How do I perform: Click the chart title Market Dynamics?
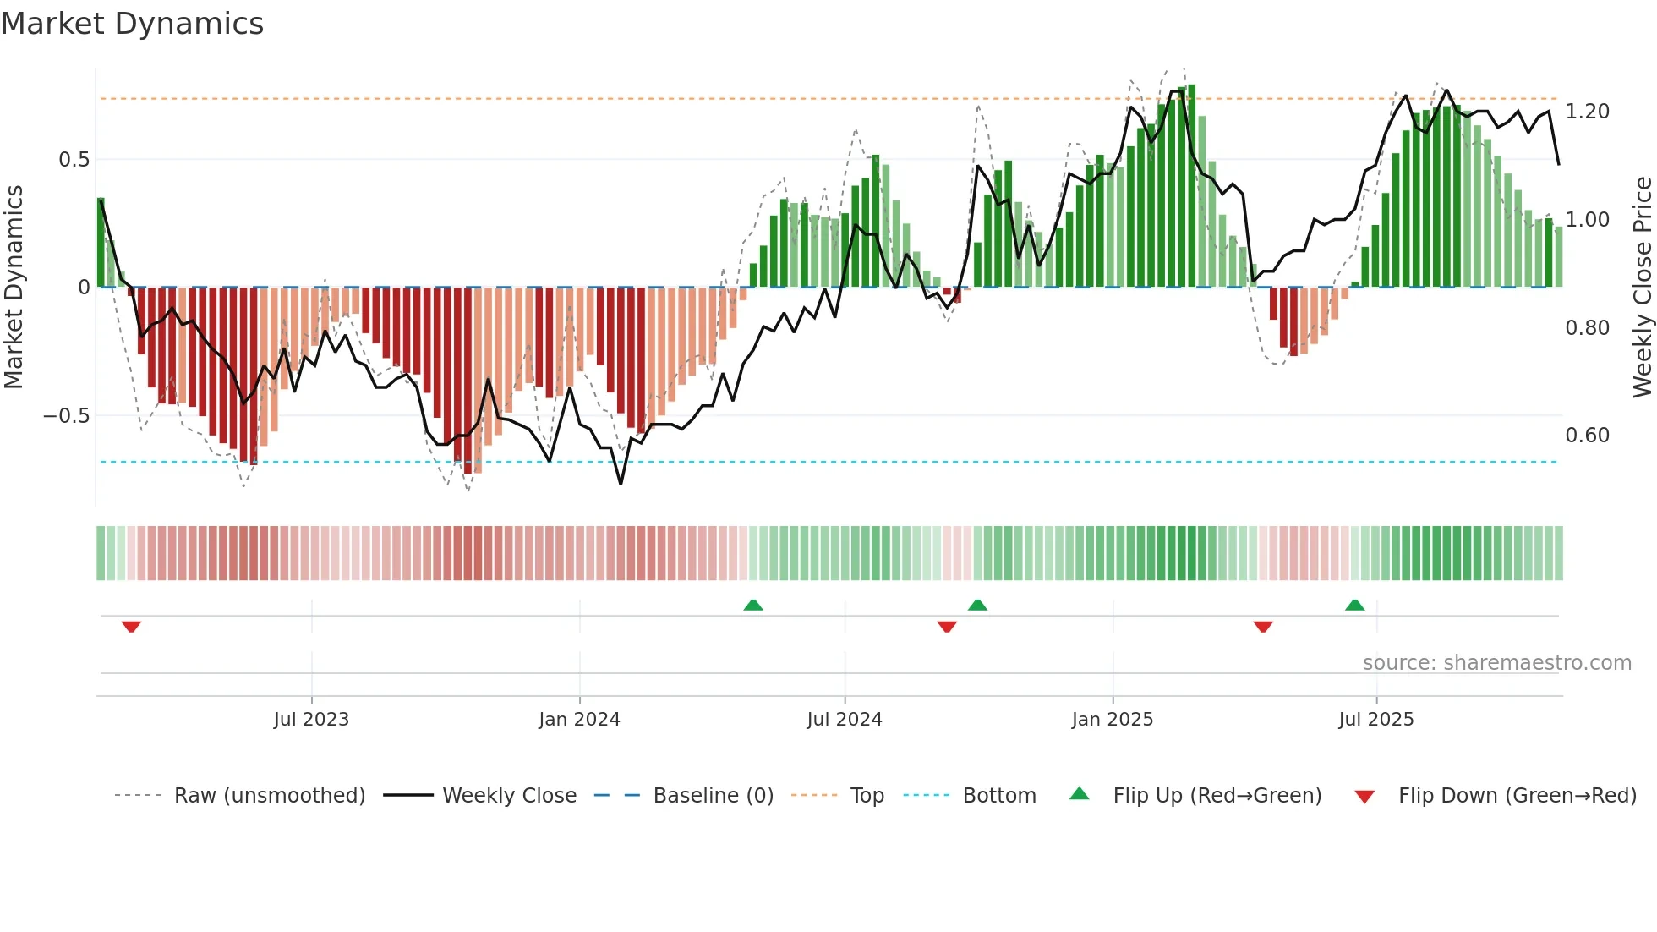(132, 24)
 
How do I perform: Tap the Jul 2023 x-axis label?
(311, 720)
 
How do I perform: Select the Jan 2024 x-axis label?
(579, 720)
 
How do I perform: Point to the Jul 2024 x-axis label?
(844, 720)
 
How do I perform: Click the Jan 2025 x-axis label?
(1112, 720)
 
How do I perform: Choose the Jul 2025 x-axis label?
(1375, 720)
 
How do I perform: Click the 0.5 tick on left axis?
(74, 160)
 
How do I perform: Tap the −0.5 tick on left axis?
(66, 416)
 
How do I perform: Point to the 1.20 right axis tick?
(1587, 112)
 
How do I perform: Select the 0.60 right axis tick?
(1587, 436)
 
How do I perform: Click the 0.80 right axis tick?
(1587, 328)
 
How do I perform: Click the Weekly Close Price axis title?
(1642, 287)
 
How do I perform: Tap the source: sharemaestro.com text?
(1496, 663)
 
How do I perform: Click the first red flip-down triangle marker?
(131, 627)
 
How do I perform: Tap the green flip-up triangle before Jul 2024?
(753, 605)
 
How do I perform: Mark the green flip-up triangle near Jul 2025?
(1354, 605)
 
